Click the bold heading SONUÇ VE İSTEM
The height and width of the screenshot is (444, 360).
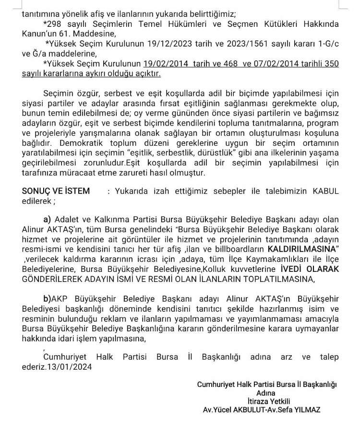(56, 191)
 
